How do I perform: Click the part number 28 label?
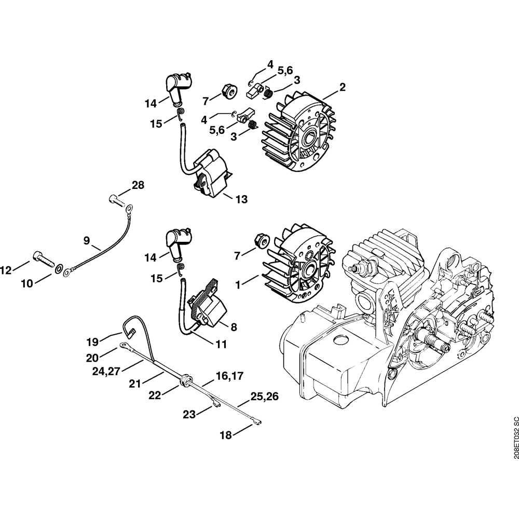pos(138,185)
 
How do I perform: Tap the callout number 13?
pos(241,199)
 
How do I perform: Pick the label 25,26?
pos(265,397)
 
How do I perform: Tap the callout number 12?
pos(6,270)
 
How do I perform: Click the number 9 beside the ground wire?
pos(87,240)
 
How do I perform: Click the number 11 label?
pos(221,343)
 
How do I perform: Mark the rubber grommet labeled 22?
pos(184,383)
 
